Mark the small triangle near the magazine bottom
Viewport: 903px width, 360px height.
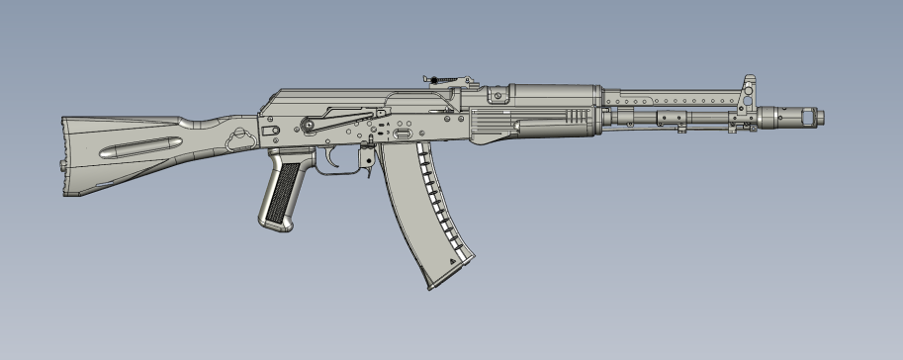(454, 259)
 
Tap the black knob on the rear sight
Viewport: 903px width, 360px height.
(432, 78)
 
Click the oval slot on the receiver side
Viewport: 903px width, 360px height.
(403, 131)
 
